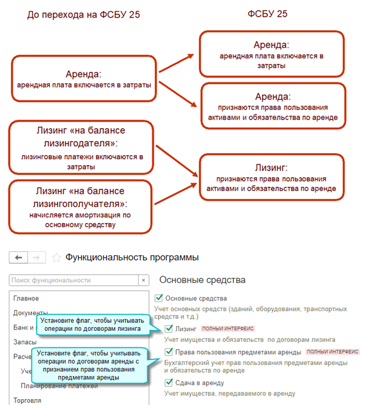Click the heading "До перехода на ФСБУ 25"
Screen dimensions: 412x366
click(x=83, y=15)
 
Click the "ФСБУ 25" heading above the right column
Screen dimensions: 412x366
click(x=268, y=13)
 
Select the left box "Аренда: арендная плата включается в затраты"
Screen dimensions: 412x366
click(x=84, y=78)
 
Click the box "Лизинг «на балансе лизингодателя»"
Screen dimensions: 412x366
click(x=81, y=147)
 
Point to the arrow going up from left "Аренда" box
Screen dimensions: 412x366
click(x=176, y=63)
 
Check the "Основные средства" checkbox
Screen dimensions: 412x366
click(x=159, y=298)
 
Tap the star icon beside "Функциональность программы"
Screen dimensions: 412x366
click(x=56, y=258)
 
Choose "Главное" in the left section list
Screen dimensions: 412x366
click(x=26, y=298)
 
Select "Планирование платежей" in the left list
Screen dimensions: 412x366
click(x=55, y=386)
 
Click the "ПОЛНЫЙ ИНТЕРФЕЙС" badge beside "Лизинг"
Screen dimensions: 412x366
click(x=220, y=328)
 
